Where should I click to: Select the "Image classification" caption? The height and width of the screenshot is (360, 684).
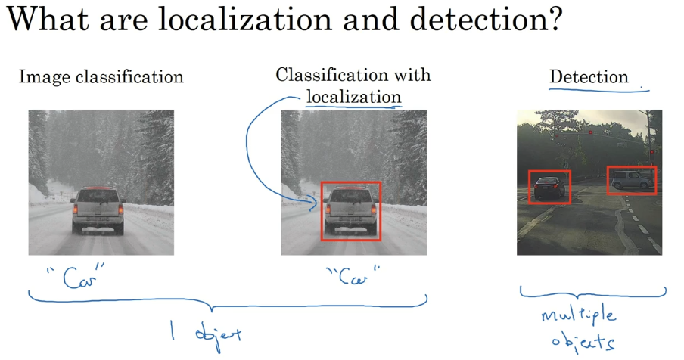101,76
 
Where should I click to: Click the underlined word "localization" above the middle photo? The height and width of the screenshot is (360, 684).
353,96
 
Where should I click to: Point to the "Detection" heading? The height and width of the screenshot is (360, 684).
589,76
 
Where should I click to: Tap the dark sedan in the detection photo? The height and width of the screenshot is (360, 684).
549,186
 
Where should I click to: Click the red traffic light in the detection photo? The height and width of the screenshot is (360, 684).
590,132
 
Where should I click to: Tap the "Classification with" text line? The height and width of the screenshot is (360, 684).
353,75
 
